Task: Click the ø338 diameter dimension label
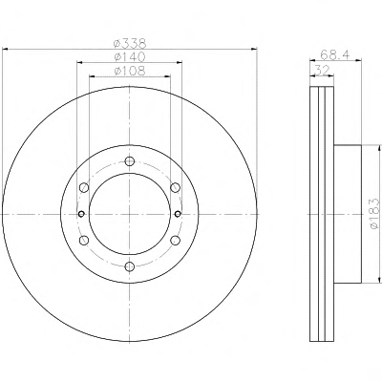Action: pyautogui.click(x=130, y=43)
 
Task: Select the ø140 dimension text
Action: pyautogui.click(x=130, y=56)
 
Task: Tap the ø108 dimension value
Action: pyautogui.click(x=130, y=71)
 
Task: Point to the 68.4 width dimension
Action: pyautogui.click(x=335, y=54)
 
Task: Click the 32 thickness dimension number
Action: pyautogui.click(x=322, y=70)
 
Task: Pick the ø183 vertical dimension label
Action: pyautogui.click(x=375, y=213)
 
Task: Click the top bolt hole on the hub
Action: pyautogui.click(x=130, y=161)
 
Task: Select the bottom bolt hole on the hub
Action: pyautogui.click(x=130, y=266)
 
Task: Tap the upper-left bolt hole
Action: pyautogui.click(x=84, y=187)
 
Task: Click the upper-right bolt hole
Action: pyautogui.click(x=175, y=187)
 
